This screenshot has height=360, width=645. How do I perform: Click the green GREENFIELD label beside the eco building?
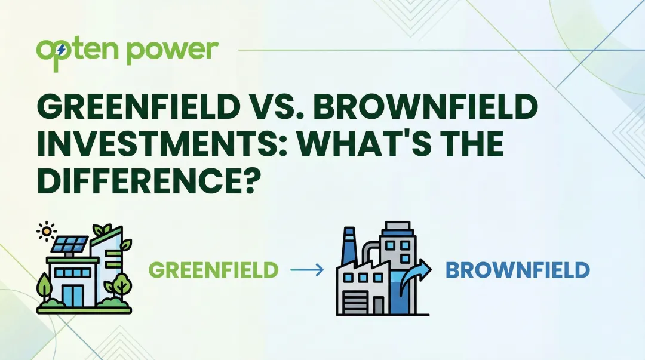[214, 270]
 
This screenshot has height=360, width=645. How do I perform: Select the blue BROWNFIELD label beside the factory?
[518, 270]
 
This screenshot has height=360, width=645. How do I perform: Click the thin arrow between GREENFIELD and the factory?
[307, 270]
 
